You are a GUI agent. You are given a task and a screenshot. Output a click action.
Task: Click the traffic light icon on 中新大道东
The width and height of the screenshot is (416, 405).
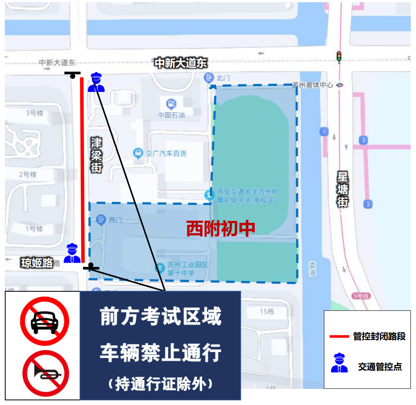(x=338, y=57)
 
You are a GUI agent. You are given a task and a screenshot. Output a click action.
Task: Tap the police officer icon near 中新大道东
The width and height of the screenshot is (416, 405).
(x=96, y=82)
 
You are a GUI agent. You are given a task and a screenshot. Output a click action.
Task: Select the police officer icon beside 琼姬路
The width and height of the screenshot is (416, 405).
(x=72, y=253)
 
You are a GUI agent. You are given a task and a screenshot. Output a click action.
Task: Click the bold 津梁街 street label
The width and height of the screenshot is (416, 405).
(x=96, y=155)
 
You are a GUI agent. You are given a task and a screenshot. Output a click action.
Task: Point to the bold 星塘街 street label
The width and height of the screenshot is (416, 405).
(x=343, y=189)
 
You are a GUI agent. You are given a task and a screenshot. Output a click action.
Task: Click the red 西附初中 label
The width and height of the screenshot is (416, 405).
(x=220, y=229)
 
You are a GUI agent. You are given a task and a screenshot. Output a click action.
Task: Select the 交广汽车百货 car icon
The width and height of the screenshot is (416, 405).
(x=138, y=153)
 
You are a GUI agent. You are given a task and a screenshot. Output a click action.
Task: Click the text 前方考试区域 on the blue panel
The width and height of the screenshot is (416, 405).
(x=160, y=317)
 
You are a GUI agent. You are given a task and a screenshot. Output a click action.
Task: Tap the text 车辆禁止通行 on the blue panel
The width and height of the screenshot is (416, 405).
(x=160, y=352)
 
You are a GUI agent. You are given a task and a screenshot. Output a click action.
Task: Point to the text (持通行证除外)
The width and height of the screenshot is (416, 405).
(x=160, y=383)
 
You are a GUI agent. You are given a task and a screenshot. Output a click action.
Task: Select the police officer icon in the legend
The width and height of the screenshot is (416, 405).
(x=339, y=364)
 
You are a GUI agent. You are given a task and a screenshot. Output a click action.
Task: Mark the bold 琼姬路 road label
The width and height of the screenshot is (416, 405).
(x=37, y=263)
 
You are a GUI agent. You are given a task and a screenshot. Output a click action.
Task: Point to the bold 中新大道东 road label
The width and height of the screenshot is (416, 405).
(x=181, y=63)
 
